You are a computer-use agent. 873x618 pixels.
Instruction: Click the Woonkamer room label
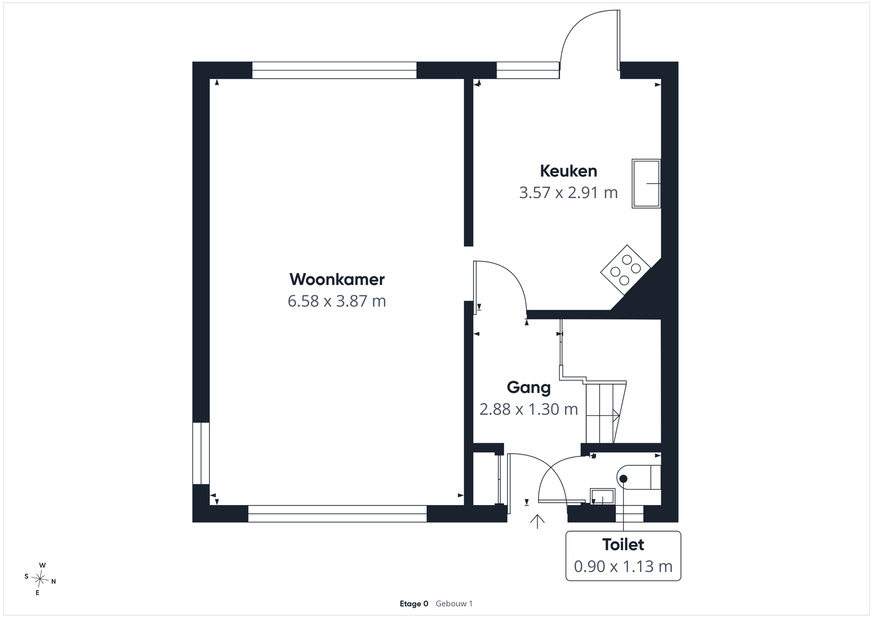pos(337,280)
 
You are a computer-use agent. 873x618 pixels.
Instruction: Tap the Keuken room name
pos(568,171)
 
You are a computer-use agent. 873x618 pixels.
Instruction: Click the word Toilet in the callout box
pos(623,545)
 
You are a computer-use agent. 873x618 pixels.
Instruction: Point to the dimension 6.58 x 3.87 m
pos(337,301)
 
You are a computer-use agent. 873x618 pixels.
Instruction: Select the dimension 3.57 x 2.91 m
pos(568,193)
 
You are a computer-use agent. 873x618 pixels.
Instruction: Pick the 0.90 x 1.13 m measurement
pos(623,567)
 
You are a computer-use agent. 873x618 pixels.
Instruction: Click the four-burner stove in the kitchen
pos(625,270)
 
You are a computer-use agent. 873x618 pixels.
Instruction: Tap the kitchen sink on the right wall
pos(646,183)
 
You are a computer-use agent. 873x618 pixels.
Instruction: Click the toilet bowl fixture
pos(639,477)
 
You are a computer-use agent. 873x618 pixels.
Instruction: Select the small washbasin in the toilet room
pos(602,497)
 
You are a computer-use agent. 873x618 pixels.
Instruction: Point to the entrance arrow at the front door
pos(537,521)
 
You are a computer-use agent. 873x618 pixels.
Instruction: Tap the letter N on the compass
pos(54,582)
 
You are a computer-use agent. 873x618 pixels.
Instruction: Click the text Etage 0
pos(414,604)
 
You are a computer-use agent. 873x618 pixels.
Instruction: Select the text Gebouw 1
pos(454,604)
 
